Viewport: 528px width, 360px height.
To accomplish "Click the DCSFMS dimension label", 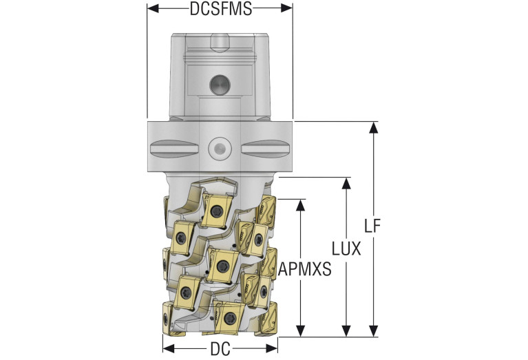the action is (220, 9).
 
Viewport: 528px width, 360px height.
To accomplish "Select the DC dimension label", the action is (220, 349).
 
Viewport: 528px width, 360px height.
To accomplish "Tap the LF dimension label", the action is (372, 226).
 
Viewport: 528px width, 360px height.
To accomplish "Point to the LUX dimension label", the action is (346, 249).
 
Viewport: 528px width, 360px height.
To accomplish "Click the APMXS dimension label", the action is (305, 269).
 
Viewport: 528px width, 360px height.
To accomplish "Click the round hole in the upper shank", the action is (220, 85).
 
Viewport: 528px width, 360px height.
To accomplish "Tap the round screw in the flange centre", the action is (220, 148).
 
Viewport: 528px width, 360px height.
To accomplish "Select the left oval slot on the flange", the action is (173, 148).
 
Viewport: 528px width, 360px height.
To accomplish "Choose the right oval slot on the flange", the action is (265, 148).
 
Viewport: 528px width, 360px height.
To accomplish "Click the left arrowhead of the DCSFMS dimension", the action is (153, 8).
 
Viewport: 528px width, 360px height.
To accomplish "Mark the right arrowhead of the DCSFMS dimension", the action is (286, 8).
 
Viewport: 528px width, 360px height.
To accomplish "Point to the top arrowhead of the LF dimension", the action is (373, 128).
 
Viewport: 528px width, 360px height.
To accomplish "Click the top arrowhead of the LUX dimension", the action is (346, 184).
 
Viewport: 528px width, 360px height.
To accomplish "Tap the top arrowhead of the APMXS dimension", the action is (300, 205).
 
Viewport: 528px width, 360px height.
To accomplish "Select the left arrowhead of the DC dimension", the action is (169, 348).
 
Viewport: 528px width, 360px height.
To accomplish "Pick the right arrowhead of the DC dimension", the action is (272, 348).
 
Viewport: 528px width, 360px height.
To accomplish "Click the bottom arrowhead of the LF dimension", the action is (373, 330).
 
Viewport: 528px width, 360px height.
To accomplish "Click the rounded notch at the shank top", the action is (220, 43).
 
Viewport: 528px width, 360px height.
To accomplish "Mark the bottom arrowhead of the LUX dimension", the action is (346, 330).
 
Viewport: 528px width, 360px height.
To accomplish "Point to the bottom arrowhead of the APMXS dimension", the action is (300, 330).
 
